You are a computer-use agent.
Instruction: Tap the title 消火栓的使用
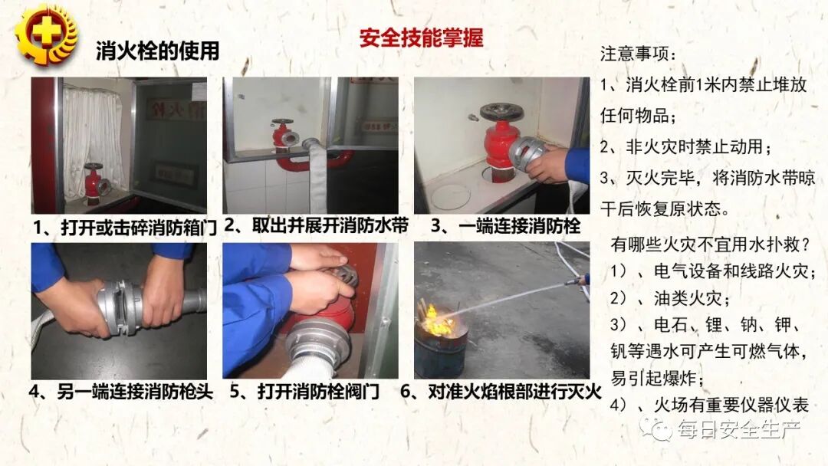[157, 51]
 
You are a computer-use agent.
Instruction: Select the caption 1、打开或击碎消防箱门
[125, 227]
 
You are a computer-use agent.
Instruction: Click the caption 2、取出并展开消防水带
[316, 226]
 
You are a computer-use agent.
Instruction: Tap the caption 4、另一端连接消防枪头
[125, 391]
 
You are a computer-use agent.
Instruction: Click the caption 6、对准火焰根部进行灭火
[501, 391]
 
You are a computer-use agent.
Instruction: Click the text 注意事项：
[638, 55]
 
